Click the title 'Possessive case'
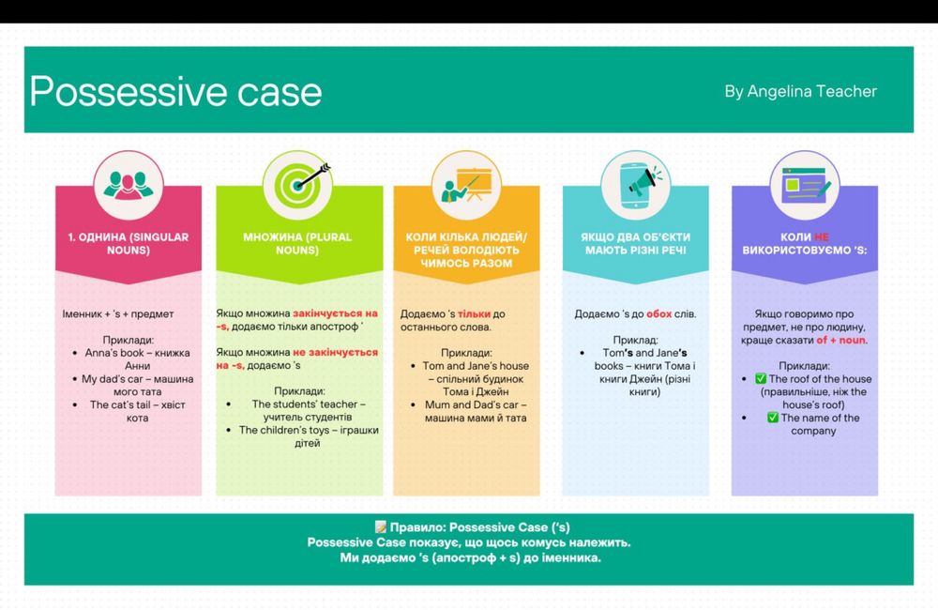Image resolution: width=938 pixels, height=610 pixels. point(176,93)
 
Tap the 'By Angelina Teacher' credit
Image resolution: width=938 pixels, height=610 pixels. point(800,91)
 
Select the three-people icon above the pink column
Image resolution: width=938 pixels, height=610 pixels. point(128,185)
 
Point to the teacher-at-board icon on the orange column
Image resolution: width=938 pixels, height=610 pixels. point(466,184)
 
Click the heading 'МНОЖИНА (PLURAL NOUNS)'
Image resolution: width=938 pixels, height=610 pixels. point(297,244)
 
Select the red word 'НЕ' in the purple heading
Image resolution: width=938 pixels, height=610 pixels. point(822,237)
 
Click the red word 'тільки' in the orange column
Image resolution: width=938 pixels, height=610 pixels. point(474,313)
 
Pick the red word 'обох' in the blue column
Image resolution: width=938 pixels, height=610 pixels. point(658,313)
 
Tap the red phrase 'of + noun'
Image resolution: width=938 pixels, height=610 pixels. point(840,340)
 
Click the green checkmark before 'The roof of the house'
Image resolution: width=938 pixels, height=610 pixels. point(761,378)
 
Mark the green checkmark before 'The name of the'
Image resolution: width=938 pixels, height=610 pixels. point(773,418)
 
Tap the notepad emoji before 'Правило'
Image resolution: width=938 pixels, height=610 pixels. point(381,526)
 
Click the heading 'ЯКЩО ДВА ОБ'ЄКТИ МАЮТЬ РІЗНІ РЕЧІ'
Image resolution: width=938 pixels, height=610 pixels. point(635,244)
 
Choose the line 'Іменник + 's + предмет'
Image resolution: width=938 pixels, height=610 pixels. point(118,313)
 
